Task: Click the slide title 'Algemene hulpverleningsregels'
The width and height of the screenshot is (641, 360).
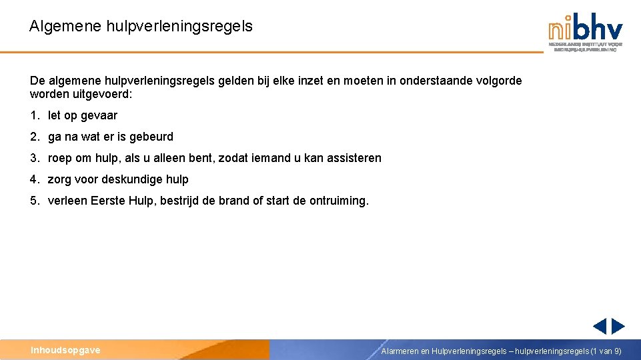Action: (x=141, y=27)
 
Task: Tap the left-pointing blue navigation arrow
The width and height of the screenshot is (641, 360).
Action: (x=600, y=326)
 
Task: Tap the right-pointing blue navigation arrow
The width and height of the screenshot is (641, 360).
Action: (x=618, y=326)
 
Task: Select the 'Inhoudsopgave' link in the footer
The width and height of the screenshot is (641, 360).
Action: (x=65, y=350)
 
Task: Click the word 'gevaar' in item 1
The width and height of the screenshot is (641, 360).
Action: (x=99, y=116)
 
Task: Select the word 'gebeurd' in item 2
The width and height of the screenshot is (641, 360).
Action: (x=152, y=137)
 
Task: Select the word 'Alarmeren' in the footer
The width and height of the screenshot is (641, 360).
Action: (x=400, y=351)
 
